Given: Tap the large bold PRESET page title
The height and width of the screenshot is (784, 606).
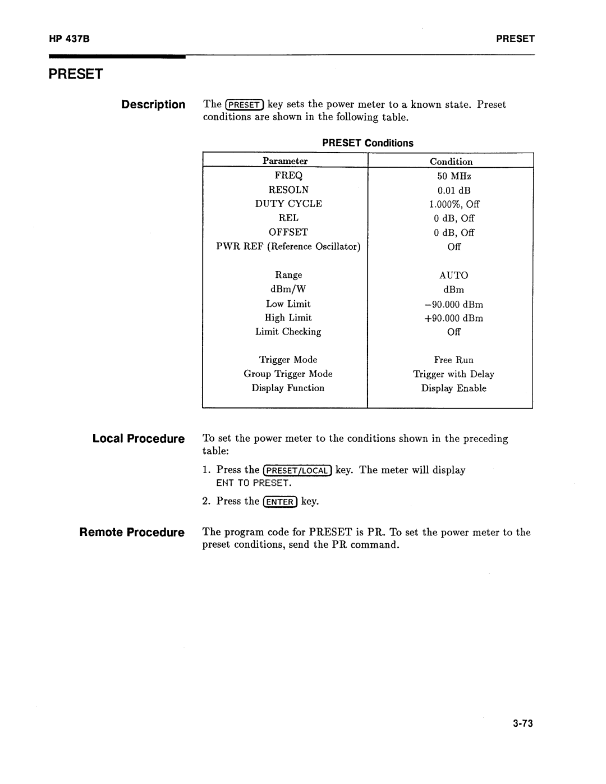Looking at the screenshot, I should (x=76, y=74).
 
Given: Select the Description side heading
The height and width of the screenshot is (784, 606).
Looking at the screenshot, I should (x=153, y=104).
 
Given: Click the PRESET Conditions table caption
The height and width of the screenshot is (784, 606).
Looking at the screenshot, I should (x=368, y=143).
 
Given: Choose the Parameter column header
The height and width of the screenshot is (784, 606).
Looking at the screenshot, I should (x=285, y=161).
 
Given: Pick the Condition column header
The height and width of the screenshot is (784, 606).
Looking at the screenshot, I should (x=451, y=162).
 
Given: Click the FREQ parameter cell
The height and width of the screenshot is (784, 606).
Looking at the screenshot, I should (x=288, y=176).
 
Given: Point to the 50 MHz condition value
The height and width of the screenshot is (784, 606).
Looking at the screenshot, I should (x=454, y=176).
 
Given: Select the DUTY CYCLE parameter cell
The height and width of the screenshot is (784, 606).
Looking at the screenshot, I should (x=288, y=204).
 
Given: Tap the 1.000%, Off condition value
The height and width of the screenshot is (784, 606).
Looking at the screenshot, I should (x=454, y=204).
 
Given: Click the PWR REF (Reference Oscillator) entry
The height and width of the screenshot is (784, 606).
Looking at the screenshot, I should (x=288, y=246).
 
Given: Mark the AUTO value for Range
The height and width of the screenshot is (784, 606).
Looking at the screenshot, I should (x=453, y=276).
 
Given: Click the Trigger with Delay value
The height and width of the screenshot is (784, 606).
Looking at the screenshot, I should (x=453, y=374).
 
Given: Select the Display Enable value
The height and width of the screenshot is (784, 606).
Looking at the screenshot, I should (x=453, y=388).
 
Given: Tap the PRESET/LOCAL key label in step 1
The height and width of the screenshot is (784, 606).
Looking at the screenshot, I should (x=299, y=471).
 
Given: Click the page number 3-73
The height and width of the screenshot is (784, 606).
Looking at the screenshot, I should (x=521, y=723).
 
